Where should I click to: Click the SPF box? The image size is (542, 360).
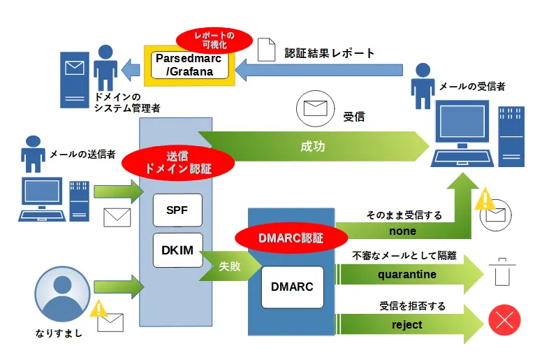point(177,210)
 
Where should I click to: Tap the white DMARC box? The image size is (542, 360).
point(293,287)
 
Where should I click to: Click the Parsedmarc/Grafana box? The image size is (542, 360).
point(187,65)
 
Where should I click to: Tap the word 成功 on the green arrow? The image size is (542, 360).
point(312,147)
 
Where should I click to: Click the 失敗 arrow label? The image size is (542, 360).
point(229,266)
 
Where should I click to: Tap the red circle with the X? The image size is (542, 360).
point(504,321)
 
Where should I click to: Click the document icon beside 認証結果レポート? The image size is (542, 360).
point(266,48)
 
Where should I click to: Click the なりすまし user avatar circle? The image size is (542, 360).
point(62,294)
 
